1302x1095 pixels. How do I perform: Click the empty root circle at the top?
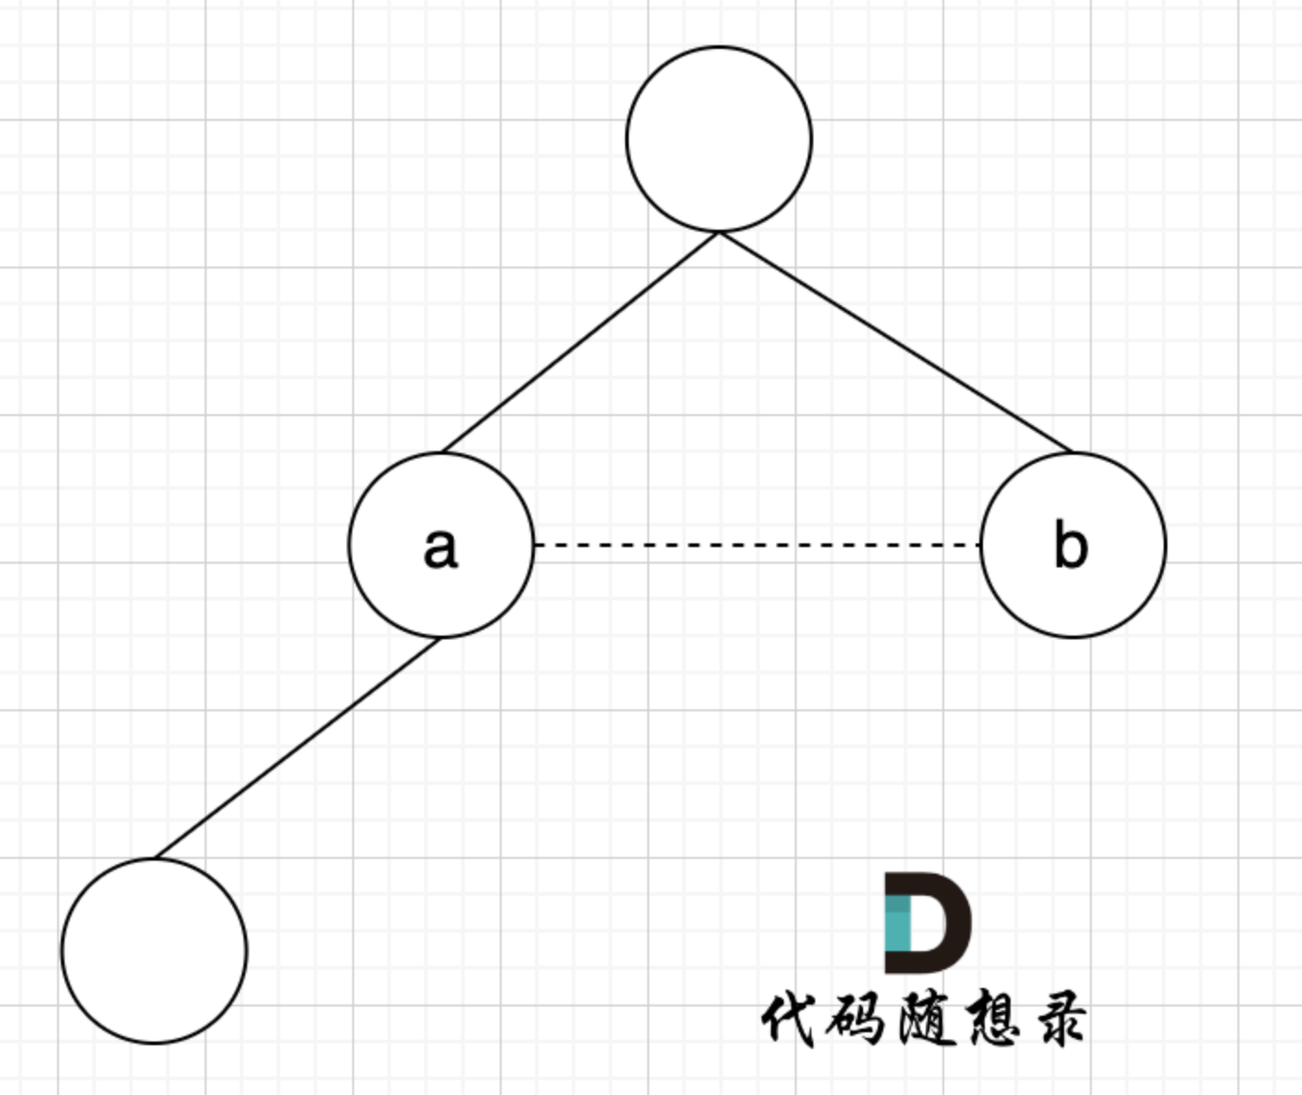pyautogui.click(x=719, y=138)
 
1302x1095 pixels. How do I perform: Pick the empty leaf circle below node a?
pyautogui.click(x=155, y=950)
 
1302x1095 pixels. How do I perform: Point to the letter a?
pyautogui.click(x=440, y=547)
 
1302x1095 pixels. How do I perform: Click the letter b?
pyautogui.click(x=1071, y=545)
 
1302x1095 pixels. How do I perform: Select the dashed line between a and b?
pyautogui.click(x=756, y=545)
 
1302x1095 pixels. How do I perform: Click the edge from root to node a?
pyautogui.click(x=581, y=342)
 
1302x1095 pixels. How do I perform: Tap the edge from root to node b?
pyautogui.click(x=894, y=342)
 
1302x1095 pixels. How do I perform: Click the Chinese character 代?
pyautogui.click(x=789, y=1019)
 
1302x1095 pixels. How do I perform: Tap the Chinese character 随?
pyautogui.click(x=924, y=1019)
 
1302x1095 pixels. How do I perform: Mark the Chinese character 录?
pyautogui.click(x=1058, y=1019)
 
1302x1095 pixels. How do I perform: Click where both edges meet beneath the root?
pyautogui.click(x=719, y=232)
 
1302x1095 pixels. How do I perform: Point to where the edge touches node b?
pyautogui.click(x=1073, y=452)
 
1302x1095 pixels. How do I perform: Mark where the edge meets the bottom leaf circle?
pyautogui.click(x=155, y=858)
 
